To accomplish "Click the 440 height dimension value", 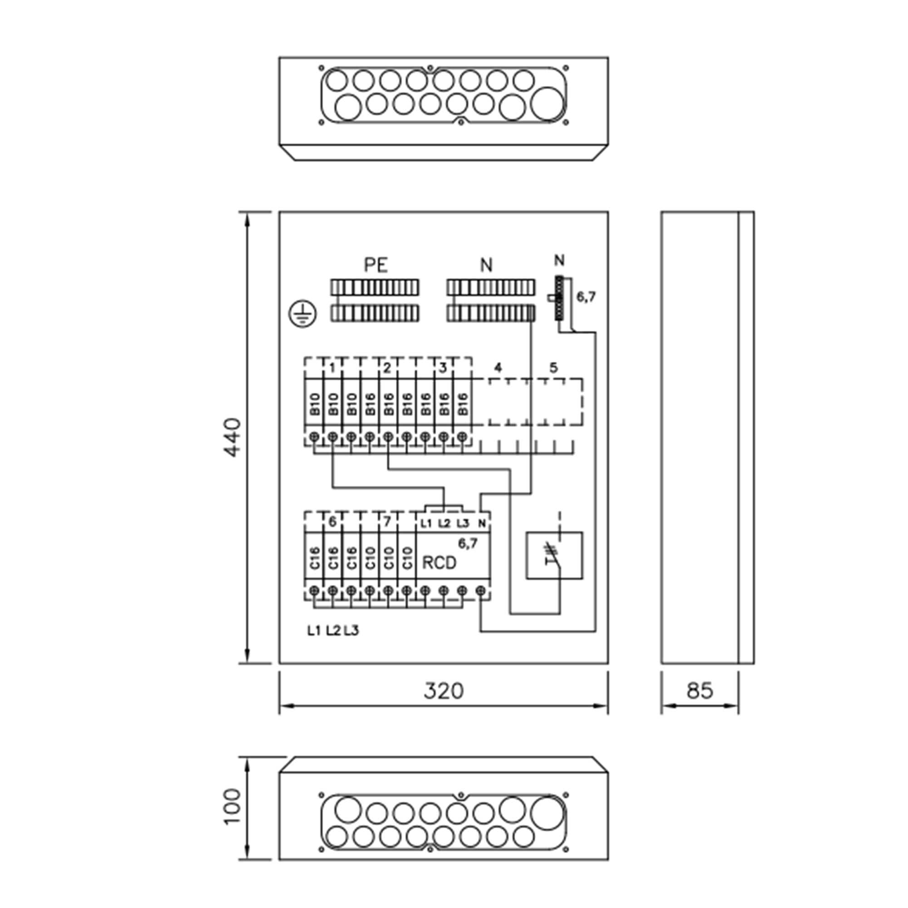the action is [232, 437].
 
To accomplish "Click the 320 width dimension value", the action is [443, 691].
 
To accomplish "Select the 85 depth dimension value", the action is [700, 691].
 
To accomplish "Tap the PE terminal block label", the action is [376, 265].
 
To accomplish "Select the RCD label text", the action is [439, 563].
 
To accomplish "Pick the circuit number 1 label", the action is [332, 368].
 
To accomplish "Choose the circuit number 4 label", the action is [498, 368].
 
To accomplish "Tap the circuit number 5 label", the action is [553, 368].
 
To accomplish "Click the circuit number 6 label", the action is [332, 522].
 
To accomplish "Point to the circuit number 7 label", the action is [387, 522].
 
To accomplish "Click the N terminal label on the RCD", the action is [482, 523].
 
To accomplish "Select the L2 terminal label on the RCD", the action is [444, 523].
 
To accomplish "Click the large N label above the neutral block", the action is [486, 266].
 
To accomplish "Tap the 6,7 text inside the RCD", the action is [468, 543].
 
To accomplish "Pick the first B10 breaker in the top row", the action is [315, 404].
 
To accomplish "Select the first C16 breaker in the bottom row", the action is [315, 558].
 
